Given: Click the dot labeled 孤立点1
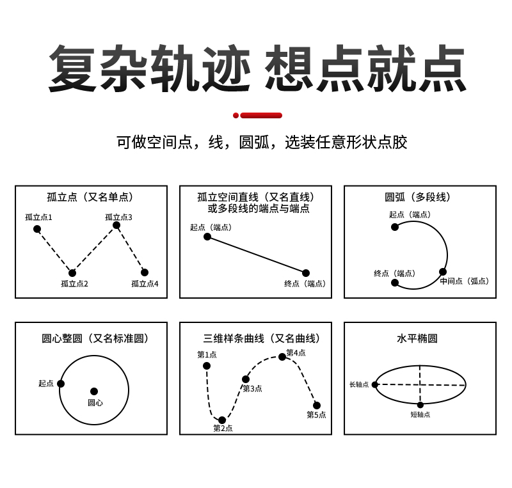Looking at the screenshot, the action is [37, 229].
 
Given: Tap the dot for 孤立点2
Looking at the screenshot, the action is [72, 273].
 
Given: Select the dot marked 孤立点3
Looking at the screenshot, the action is [116, 225].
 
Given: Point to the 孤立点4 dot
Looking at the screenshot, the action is [145, 272].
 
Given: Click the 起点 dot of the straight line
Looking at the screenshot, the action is [207, 237].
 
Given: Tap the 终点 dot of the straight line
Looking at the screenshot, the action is [306, 273].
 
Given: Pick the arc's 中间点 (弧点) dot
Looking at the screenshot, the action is [443, 272].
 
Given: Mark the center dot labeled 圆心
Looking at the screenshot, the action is [94, 391].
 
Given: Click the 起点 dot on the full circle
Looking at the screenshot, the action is [61, 384].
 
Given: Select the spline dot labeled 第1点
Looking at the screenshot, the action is [207, 366].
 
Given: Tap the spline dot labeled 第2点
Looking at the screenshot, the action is [222, 420].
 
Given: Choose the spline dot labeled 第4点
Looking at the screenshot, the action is [282, 357].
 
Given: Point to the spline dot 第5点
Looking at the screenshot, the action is [317, 405].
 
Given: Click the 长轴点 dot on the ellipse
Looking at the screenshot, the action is [375, 384].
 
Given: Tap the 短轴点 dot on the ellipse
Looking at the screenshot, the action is [420, 405].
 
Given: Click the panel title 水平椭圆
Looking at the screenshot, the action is [417, 338].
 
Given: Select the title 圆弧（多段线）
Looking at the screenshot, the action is [418, 197].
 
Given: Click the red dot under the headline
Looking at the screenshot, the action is [236, 115].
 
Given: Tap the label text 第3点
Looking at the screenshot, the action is [252, 388].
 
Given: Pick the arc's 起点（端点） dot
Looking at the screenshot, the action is [395, 226].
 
